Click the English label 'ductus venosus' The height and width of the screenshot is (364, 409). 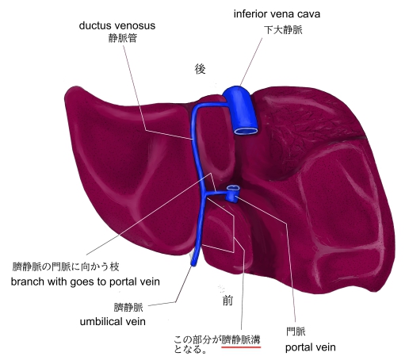tap(117, 25)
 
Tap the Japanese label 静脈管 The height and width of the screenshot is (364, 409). tap(123, 38)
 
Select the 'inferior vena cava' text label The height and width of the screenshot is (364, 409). tap(277, 13)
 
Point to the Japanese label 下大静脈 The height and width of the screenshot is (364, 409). tap(283, 29)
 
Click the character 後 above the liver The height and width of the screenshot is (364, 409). tap(200, 69)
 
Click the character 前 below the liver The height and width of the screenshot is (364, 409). tap(227, 301)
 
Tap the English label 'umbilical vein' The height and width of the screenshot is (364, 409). tap(113, 321)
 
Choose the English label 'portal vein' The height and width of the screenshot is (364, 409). tap(311, 347)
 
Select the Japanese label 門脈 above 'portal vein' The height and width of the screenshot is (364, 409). tap(296, 331)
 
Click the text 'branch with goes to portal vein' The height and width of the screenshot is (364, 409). tap(86, 282)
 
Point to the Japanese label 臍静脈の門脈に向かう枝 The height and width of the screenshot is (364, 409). tap(66, 266)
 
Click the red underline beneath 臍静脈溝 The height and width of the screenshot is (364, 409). tap(241, 347)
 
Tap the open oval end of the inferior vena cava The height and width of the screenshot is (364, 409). tap(247, 131)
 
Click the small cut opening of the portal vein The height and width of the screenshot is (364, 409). tap(233, 188)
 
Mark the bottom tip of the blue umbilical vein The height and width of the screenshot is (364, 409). tap(193, 264)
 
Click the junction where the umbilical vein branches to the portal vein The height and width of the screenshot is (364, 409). tap(204, 195)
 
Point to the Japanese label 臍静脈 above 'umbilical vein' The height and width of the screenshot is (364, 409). tap(128, 307)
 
